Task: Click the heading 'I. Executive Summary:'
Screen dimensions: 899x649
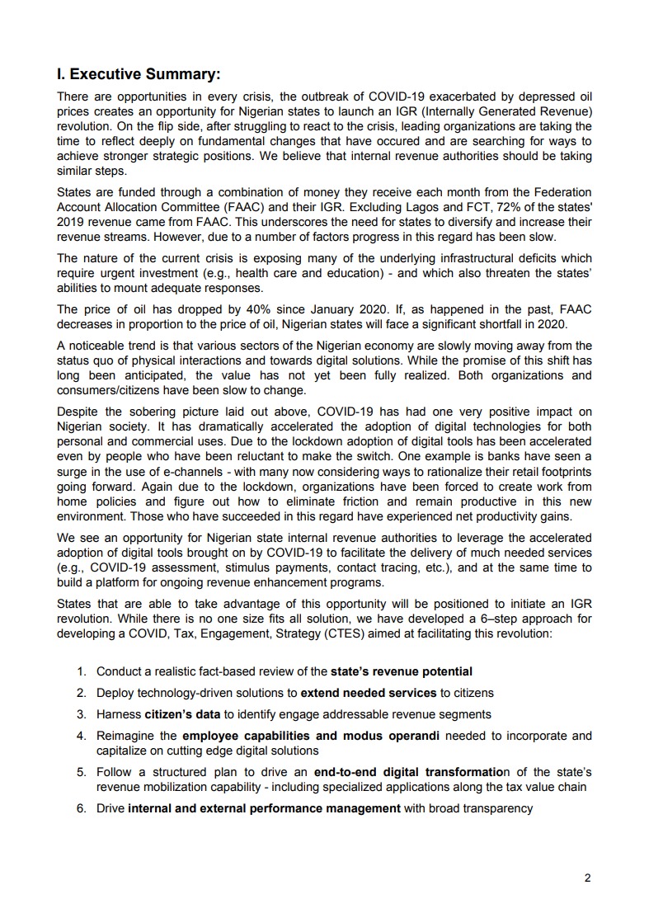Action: pyautogui.click(x=138, y=75)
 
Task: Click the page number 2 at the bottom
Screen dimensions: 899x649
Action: pyautogui.click(x=587, y=878)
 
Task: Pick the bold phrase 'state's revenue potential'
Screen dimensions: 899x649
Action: pyautogui.click(x=402, y=672)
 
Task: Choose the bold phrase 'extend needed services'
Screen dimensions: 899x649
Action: pyautogui.click(x=368, y=693)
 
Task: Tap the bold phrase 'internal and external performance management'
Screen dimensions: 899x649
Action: pyautogui.click(x=264, y=808)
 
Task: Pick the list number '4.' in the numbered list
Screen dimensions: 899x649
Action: pyautogui.click(x=82, y=736)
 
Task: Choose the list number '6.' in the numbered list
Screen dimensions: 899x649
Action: pyautogui.click(x=82, y=808)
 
